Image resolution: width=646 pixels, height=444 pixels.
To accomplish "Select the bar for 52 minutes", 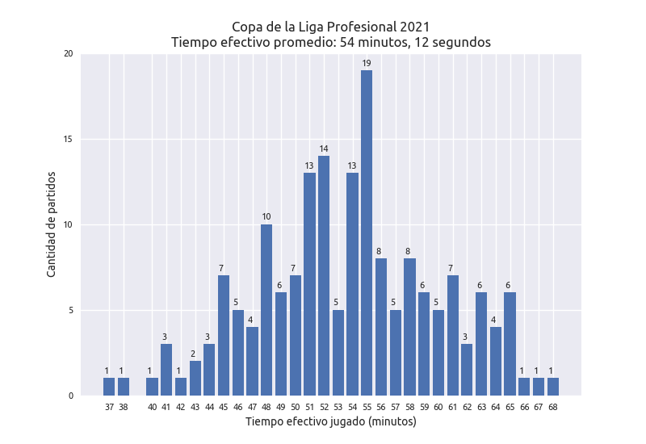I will (x=324, y=275).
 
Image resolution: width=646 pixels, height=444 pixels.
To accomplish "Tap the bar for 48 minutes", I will (x=266, y=310).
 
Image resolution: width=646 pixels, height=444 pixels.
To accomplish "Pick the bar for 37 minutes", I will (x=109, y=387).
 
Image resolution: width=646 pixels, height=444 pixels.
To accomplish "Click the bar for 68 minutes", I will (x=553, y=387).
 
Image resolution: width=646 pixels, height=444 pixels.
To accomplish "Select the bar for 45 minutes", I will (x=224, y=335).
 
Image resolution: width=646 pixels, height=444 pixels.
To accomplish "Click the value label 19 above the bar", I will (x=367, y=63).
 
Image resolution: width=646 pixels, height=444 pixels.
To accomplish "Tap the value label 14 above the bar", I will (x=324, y=149).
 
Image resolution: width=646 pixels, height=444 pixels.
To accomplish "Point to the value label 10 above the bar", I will (x=266, y=216).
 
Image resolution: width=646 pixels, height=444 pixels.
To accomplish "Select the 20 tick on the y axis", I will (x=68, y=54).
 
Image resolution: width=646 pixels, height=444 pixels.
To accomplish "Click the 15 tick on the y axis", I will (x=68, y=140).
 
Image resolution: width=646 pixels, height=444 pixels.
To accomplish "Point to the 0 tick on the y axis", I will (x=70, y=396).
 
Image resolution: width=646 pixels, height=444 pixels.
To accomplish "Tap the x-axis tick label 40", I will (x=152, y=408).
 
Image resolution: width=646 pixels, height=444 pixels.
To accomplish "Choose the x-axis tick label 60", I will (x=438, y=408).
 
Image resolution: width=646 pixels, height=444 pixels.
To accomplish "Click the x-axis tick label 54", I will (x=352, y=408).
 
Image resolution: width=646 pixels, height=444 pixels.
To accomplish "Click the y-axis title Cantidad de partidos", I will (x=52, y=224).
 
